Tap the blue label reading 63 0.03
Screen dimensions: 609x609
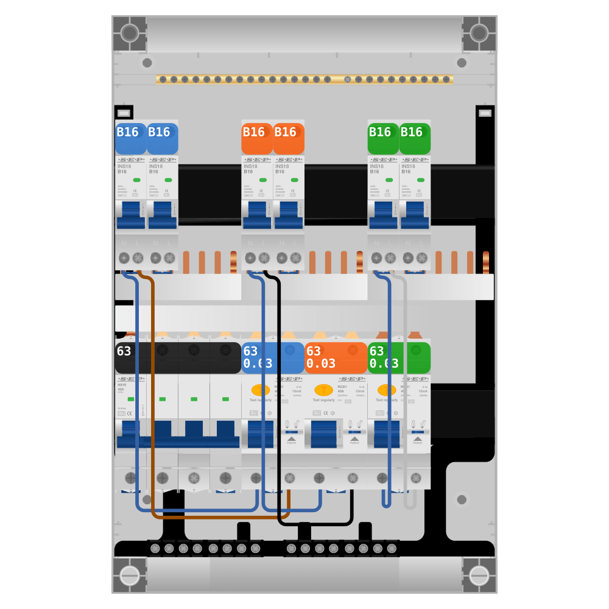(x=273, y=357)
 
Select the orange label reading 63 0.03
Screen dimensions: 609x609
(x=336, y=357)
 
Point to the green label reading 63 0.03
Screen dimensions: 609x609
(x=399, y=357)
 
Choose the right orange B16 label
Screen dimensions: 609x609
(x=289, y=138)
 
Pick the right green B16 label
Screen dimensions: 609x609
(x=415, y=138)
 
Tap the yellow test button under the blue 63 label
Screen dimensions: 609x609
(x=261, y=390)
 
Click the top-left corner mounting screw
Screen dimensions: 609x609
(x=129, y=32)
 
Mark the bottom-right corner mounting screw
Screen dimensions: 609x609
(x=479, y=576)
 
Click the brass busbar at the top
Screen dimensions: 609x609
(x=304, y=79)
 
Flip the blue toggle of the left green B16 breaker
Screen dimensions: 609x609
(x=383, y=216)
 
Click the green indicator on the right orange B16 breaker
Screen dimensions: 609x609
(x=294, y=180)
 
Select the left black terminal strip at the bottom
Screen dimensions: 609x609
(x=204, y=549)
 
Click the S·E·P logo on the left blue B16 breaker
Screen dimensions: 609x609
(x=131, y=160)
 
